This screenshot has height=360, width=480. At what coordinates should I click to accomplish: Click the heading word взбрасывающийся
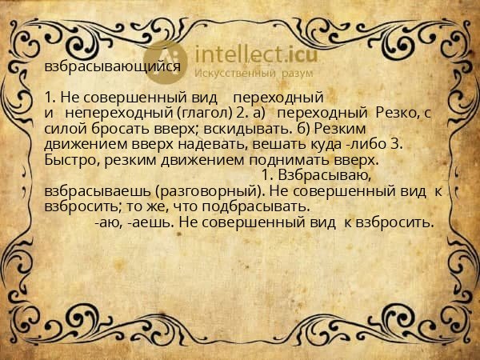(x=113, y=68)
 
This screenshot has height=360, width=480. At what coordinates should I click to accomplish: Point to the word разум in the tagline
(x=297, y=73)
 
